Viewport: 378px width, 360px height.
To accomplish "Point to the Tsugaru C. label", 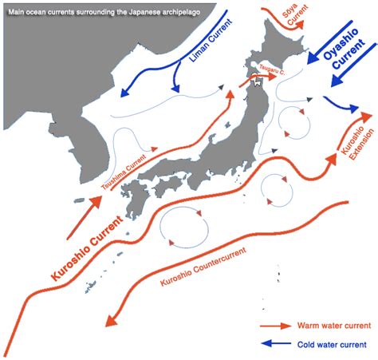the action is [271, 71].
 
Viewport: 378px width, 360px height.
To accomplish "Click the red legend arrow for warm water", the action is [275, 326].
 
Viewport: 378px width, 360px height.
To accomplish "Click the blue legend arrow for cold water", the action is [275, 344].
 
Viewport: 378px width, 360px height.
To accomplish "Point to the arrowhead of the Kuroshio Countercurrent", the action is [109, 322].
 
